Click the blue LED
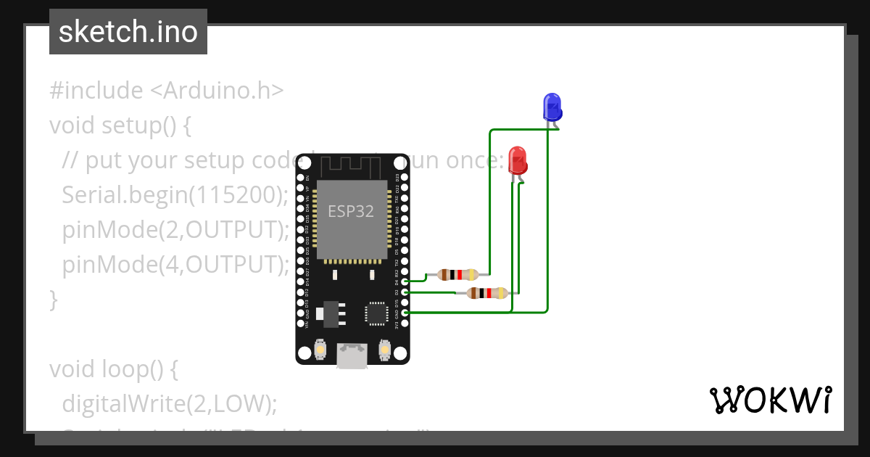(x=552, y=107)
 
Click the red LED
(x=518, y=160)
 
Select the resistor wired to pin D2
(x=487, y=293)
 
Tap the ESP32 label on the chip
(x=351, y=211)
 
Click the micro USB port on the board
(x=352, y=356)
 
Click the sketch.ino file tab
(x=128, y=32)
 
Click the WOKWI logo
(x=770, y=400)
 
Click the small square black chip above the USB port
(x=377, y=313)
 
